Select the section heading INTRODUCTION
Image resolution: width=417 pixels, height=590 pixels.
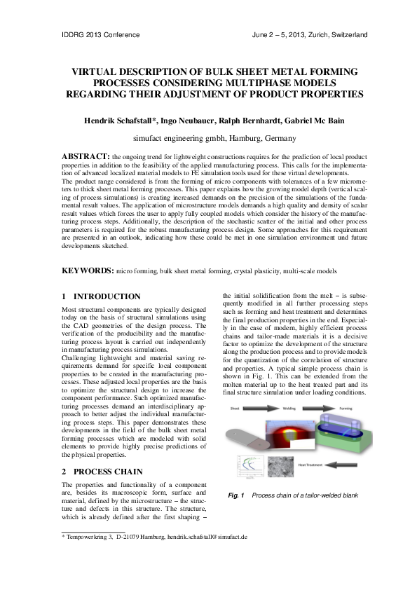point(107,296)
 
